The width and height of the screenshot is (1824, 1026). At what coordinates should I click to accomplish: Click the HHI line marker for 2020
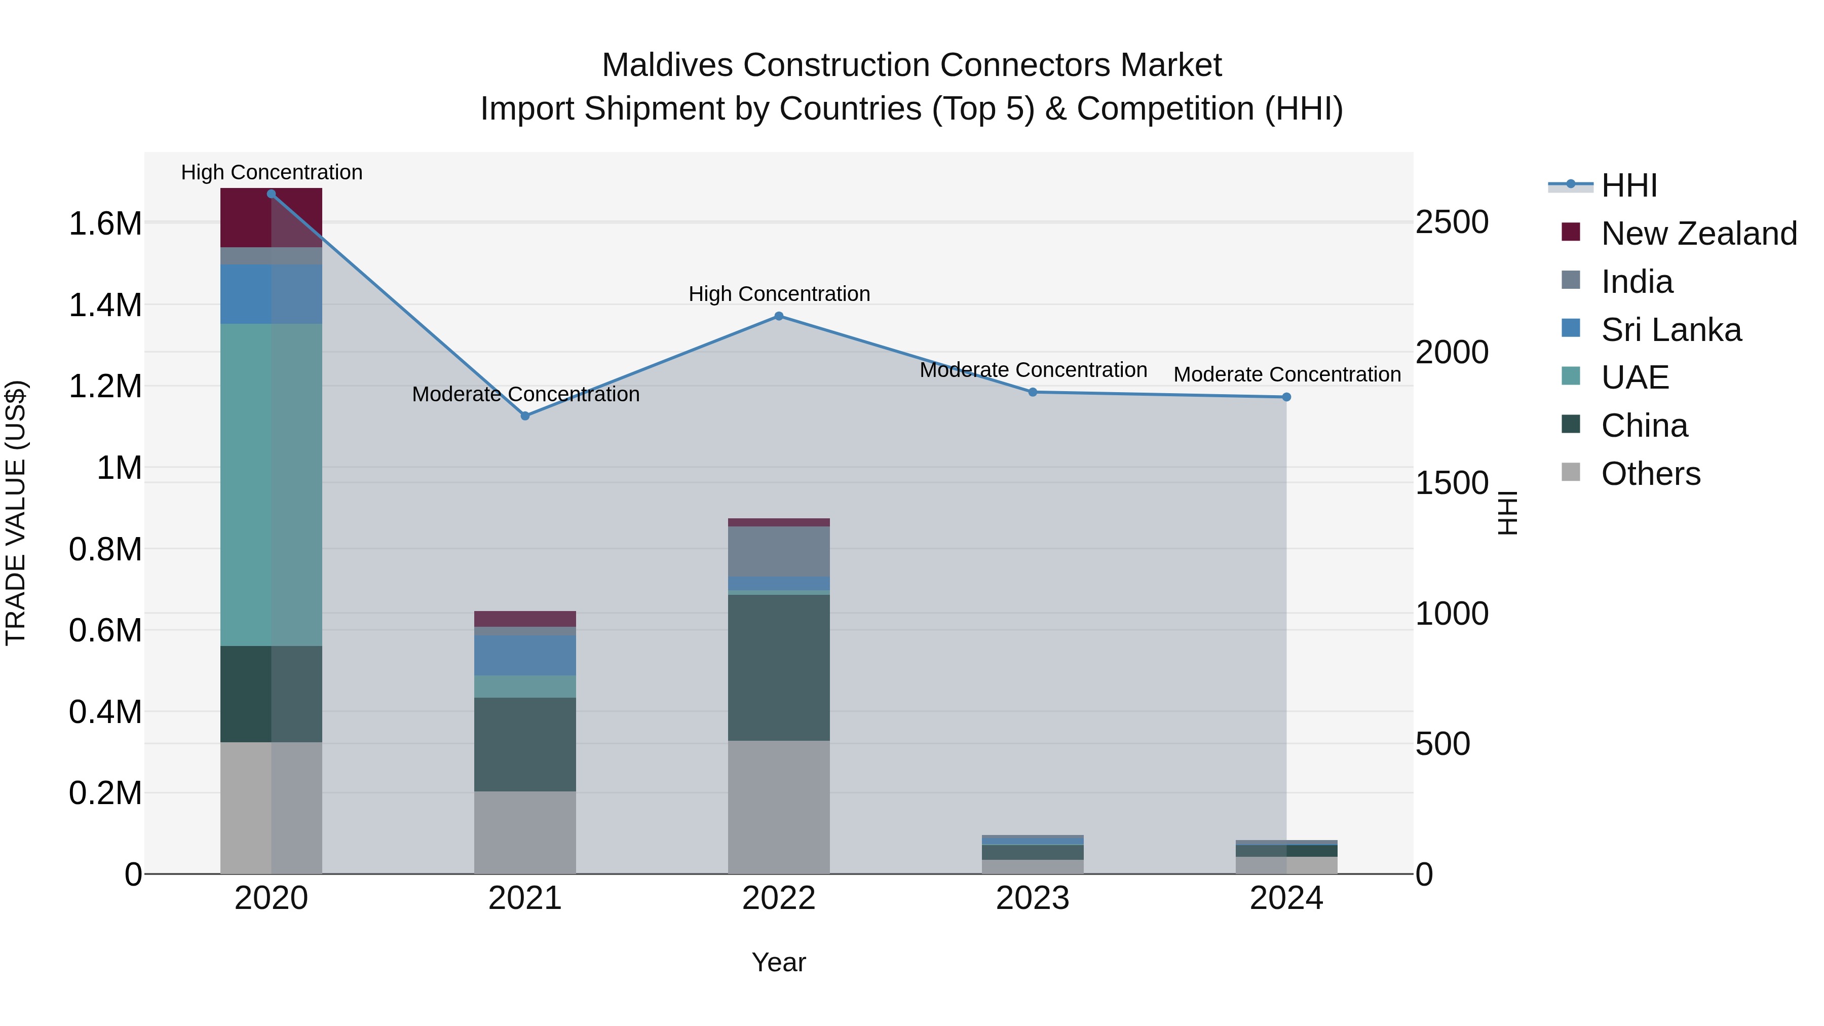point(271,194)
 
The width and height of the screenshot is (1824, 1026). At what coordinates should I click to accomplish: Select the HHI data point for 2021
point(525,416)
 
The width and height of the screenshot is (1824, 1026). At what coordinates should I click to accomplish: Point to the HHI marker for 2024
point(1286,397)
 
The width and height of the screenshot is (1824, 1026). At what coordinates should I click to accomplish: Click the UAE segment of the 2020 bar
point(271,484)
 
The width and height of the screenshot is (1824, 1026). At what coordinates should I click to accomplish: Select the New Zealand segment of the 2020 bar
point(271,217)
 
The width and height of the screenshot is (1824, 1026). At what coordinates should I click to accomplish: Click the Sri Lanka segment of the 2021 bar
point(525,655)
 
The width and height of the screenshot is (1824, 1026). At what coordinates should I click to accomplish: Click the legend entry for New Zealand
point(1699,234)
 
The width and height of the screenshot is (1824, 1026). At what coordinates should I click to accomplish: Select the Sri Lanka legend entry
point(1670,330)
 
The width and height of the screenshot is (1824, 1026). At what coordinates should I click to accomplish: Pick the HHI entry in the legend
point(1628,185)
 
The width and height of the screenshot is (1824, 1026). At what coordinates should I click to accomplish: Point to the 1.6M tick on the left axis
point(105,224)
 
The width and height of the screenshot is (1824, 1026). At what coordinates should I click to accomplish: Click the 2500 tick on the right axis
point(1452,222)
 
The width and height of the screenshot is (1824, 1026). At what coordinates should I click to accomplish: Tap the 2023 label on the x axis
point(1033,898)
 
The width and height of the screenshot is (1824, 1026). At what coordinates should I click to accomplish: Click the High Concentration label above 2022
point(779,294)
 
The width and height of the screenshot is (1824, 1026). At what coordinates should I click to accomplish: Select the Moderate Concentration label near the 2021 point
point(525,394)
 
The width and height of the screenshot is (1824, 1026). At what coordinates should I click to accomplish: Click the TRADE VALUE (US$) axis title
point(16,513)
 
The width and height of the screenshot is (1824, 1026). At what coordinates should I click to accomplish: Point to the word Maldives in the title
point(666,65)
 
